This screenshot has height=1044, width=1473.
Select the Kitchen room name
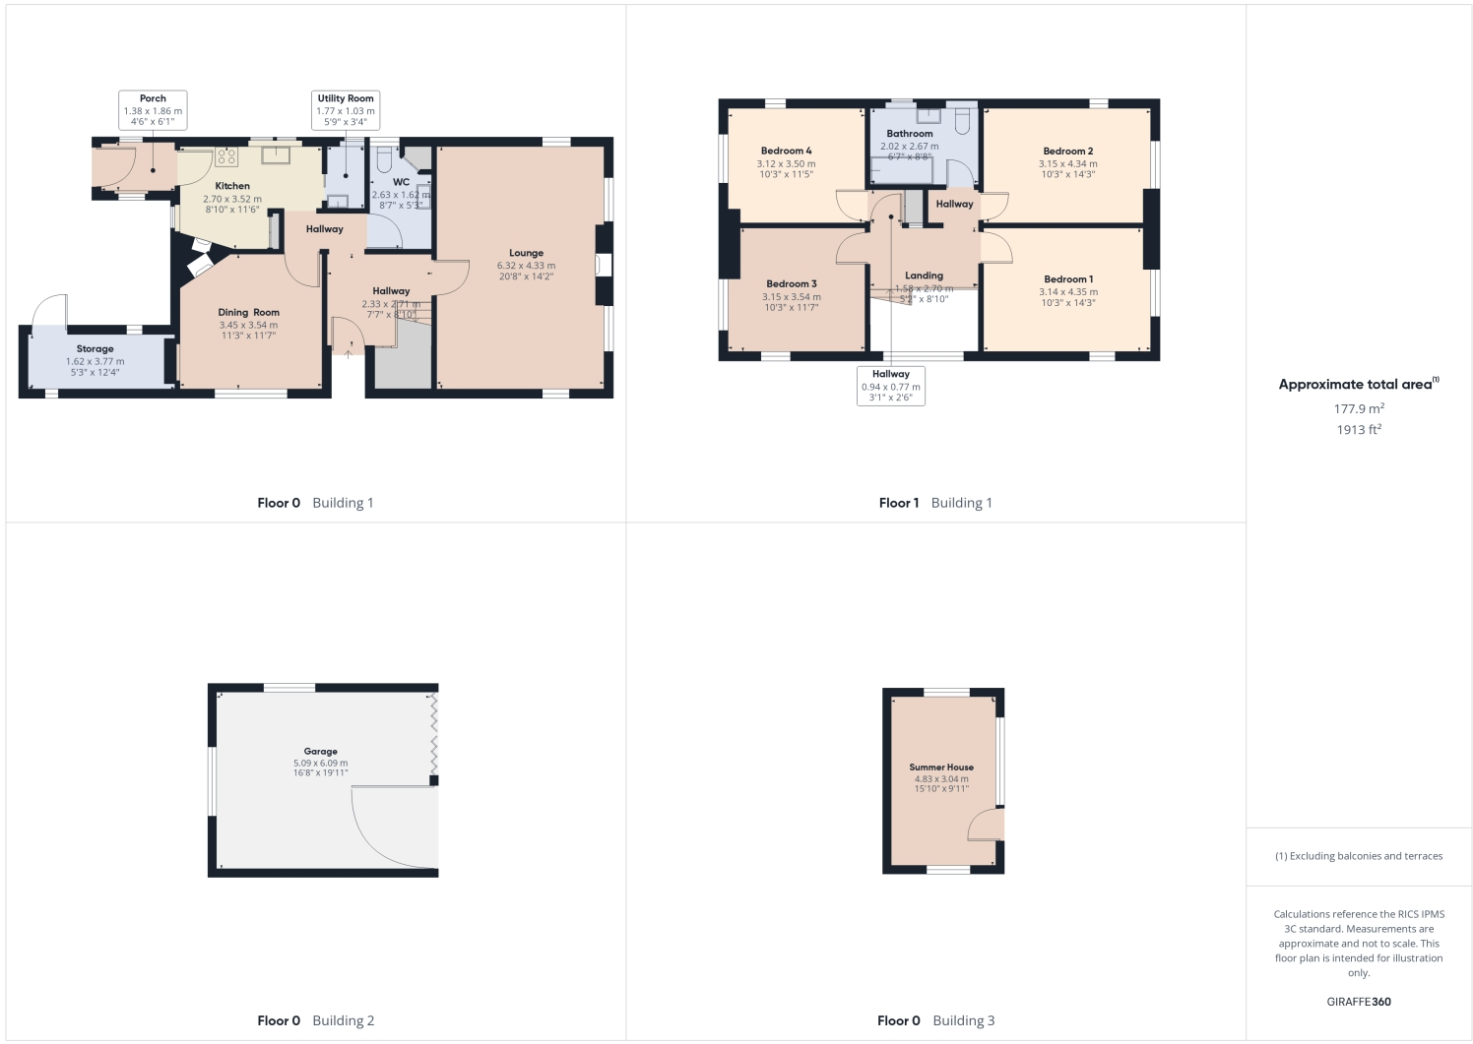click(x=232, y=186)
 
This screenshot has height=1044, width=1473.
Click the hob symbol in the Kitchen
click(x=227, y=156)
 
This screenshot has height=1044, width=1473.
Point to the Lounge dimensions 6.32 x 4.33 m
click(x=526, y=266)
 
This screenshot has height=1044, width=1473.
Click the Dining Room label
click(x=248, y=313)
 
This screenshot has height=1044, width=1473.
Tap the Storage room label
click(x=95, y=349)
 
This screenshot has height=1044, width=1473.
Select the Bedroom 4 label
click(x=786, y=152)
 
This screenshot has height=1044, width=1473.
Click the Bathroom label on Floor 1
click(x=909, y=134)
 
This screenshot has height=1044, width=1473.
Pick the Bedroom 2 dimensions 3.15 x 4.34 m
click(x=1068, y=164)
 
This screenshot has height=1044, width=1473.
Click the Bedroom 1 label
click(x=1068, y=279)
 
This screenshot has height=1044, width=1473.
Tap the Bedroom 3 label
click(x=792, y=284)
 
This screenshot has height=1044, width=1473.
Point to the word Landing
click(x=924, y=276)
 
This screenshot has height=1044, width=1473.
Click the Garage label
click(x=320, y=752)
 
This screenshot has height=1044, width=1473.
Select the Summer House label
click(x=941, y=768)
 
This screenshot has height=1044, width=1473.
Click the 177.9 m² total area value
click(x=1359, y=408)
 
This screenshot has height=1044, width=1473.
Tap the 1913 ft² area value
click(x=1359, y=430)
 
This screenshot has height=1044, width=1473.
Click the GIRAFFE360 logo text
click(x=1359, y=1002)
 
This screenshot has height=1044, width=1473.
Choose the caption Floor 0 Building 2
click(x=315, y=1020)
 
